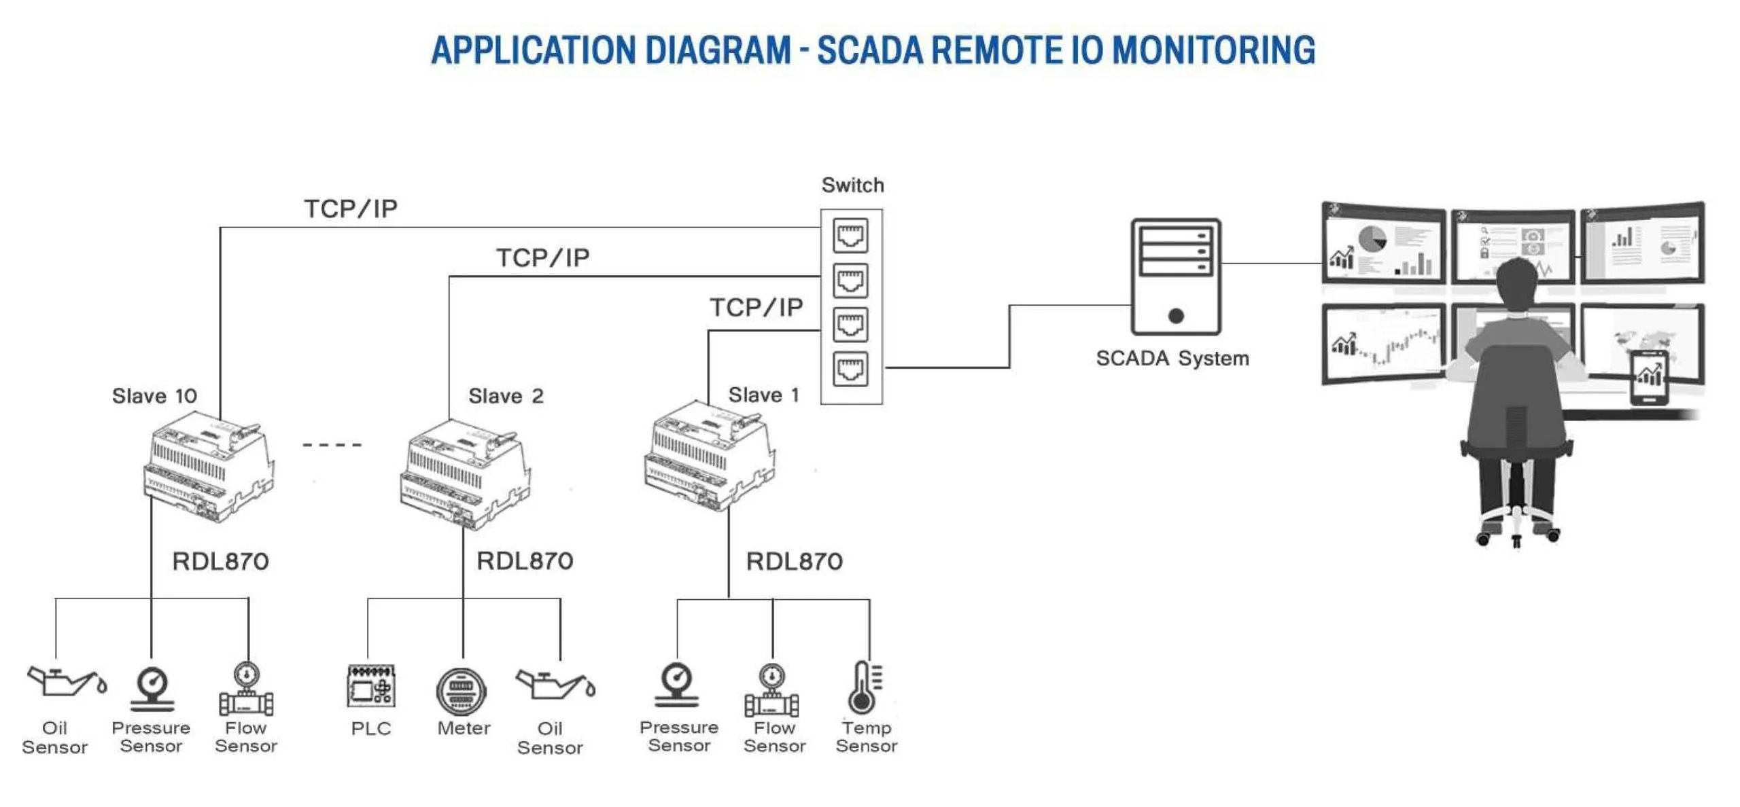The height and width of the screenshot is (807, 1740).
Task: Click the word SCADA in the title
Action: pyautogui.click(x=869, y=50)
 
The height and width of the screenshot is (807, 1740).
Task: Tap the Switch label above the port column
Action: pyautogui.click(x=852, y=185)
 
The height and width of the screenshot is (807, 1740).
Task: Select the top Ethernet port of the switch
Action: pyautogui.click(x=850, y=235)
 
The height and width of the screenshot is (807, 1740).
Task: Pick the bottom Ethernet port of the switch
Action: pyautogui.click(x=850, y=369)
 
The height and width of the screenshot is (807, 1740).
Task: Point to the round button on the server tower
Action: pyautogui.click(x=1176, y=315)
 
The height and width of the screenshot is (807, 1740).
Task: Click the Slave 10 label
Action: pyautogui.click(x=154, y=395)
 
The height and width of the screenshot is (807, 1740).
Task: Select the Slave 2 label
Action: pyautogui.click(x=506, y=395)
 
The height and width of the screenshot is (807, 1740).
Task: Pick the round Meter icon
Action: pyautogui.click(x=462, y=692)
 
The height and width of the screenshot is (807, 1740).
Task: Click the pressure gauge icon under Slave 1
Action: pyautogui.click(x=676, y=685)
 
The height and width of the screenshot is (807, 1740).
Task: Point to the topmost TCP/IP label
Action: pyautogui.click(x=350, y=209)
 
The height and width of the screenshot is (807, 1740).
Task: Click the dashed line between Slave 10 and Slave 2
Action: pyautogui.click(x=332, y=445)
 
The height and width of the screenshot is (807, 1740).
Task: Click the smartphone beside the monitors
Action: pyautogui.click(x=1648, y=378)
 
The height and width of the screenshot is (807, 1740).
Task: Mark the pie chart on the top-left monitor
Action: pyautogui.click(x=1372, y=240)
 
